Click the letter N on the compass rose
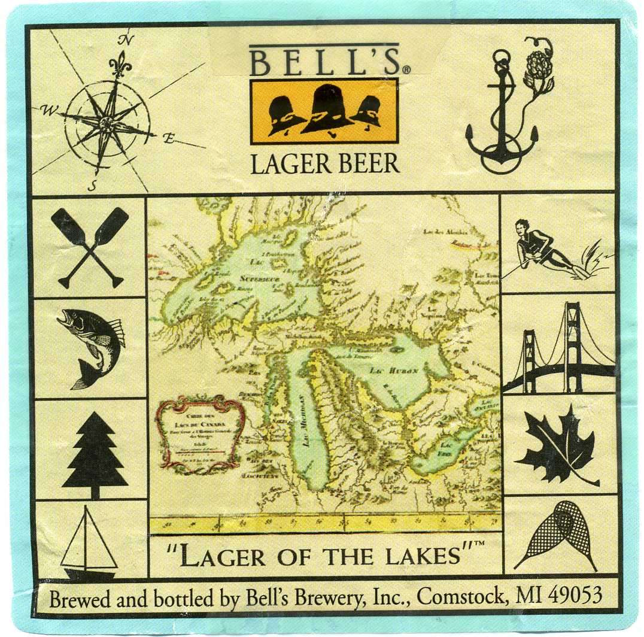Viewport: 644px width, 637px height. (125, 40)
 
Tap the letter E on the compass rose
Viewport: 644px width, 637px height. (169, 139)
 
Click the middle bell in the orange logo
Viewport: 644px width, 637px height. (326, 110)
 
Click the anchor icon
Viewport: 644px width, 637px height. (500, 120)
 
